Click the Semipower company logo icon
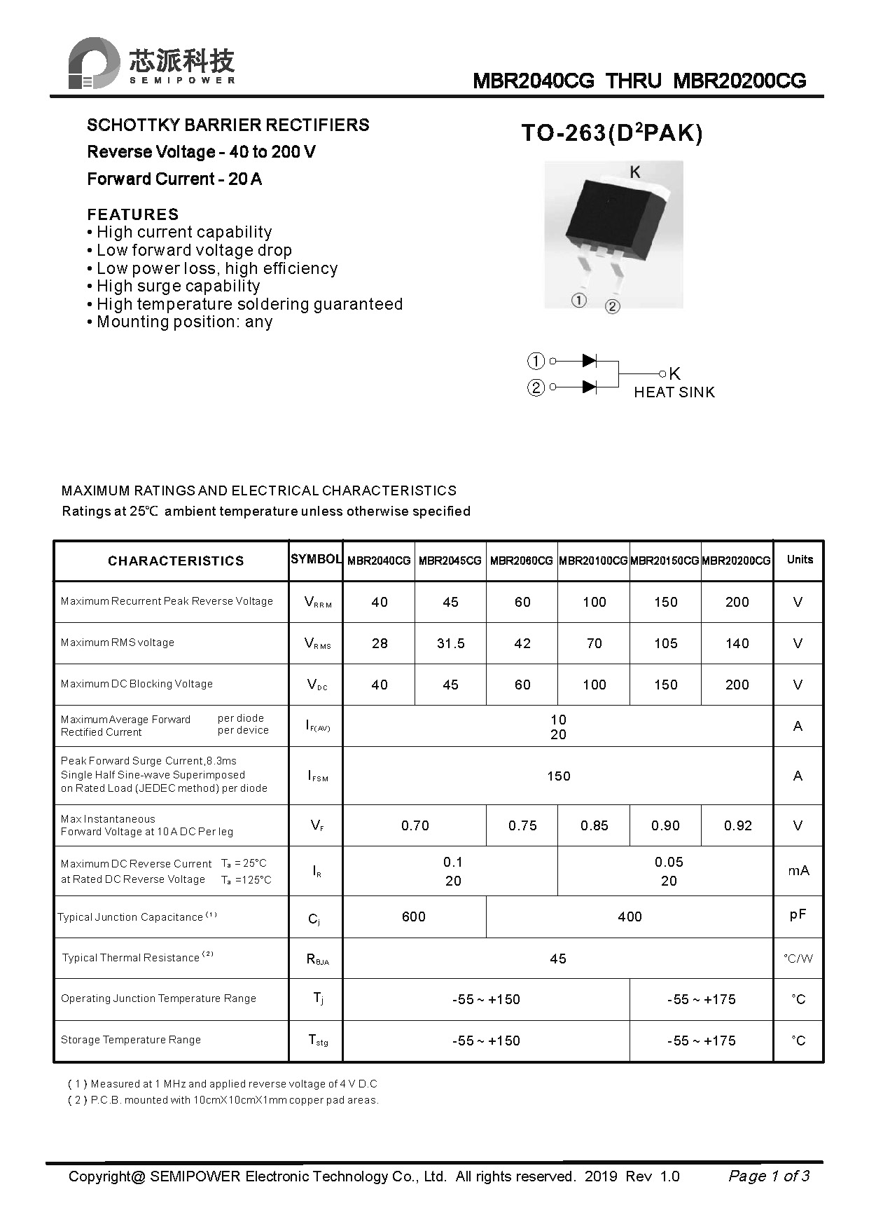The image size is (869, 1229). pyautogui.click(x=92, y=63)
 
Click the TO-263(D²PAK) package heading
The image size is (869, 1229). pyautogui.click(x=611, y=133)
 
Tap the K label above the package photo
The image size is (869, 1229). pyautogui.click(x=634, y=172)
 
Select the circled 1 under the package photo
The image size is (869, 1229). pyautogui.click(x=578, y=301)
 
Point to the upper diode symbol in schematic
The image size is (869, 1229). pyautogui.click(x=589, y=361)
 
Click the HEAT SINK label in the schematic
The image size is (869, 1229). pyautogui.click(x=674, y=392)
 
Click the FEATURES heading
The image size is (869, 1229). pyautogui.click(x=133, y=214)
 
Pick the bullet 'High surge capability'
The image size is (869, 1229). pyautogui.click(x=178, y=286)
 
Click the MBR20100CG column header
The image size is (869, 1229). pyautogui.click(x=593, y=561)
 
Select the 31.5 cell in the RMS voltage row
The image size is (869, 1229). pyautogui.click(x=450, y=643)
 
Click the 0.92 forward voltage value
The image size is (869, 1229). pyautogui.click(x=737, y=825)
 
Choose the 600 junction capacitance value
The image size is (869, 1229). pyautogui.click(x=414, y=916)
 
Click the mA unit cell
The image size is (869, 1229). pyautogui.click(x=798, y=870)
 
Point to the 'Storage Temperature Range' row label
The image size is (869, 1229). pyautogui.click(x=131, y=1040)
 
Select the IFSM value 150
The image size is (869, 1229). pyautogui.click(x=558, y=776)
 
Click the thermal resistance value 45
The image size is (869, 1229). pyautogui.click(x=558, y=959)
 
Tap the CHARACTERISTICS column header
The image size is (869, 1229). pyautogui.click(x=176, y=561)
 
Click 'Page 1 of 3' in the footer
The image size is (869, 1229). pyautogui.click(x=768, y=1176)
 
